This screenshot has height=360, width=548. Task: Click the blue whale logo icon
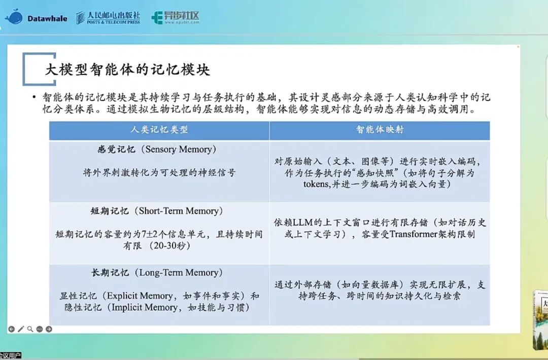(14, 17)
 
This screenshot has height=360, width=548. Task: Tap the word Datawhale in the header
(47, 18)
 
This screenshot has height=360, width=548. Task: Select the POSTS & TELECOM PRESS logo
(108, 17)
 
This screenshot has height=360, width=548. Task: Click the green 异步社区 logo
(176, 17)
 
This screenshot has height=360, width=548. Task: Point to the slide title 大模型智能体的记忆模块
(127, 69)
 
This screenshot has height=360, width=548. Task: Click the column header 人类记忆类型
(159, 129)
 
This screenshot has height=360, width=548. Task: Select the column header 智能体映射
(380, 129)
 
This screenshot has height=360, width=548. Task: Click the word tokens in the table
(316, 184)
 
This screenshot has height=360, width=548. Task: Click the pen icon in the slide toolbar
(21, 329)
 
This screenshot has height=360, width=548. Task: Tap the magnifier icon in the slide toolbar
(30, 329)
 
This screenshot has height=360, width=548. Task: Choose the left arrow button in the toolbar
(12, 329)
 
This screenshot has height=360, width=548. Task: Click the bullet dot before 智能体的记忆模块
(34, 97)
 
